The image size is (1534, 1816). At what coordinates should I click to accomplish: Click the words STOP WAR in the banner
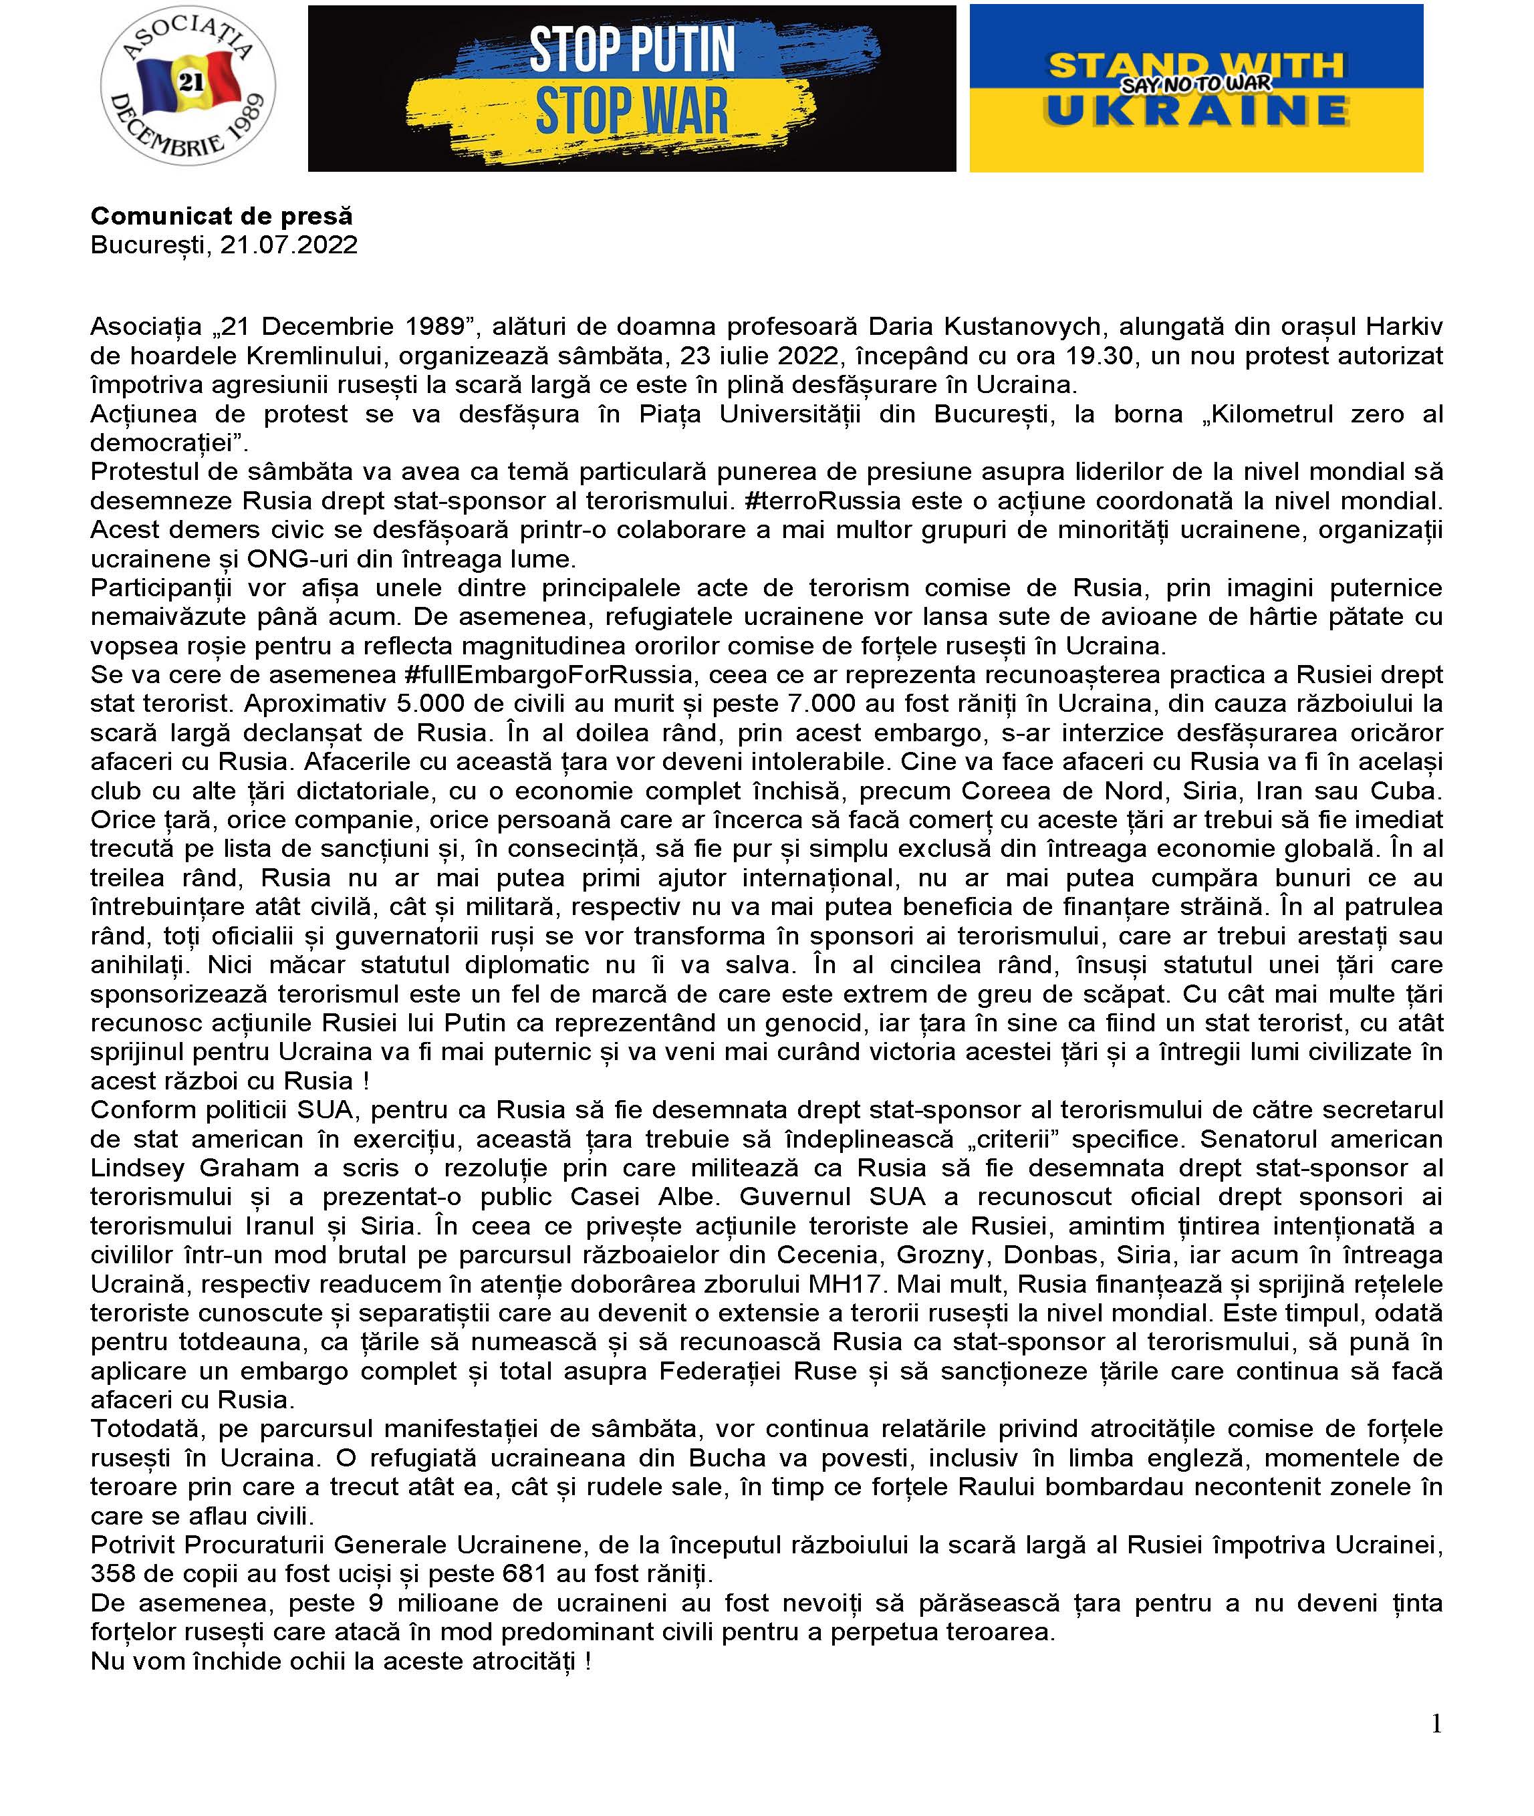tap(632, 112)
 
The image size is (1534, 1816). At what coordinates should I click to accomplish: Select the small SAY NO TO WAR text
tap(1196, 84)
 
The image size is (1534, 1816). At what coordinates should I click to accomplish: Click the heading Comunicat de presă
tap(222, 216)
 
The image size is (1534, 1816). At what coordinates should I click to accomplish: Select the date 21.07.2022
tap(289, 245)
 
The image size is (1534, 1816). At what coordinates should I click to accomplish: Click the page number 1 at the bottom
tap(1436, 1723)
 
